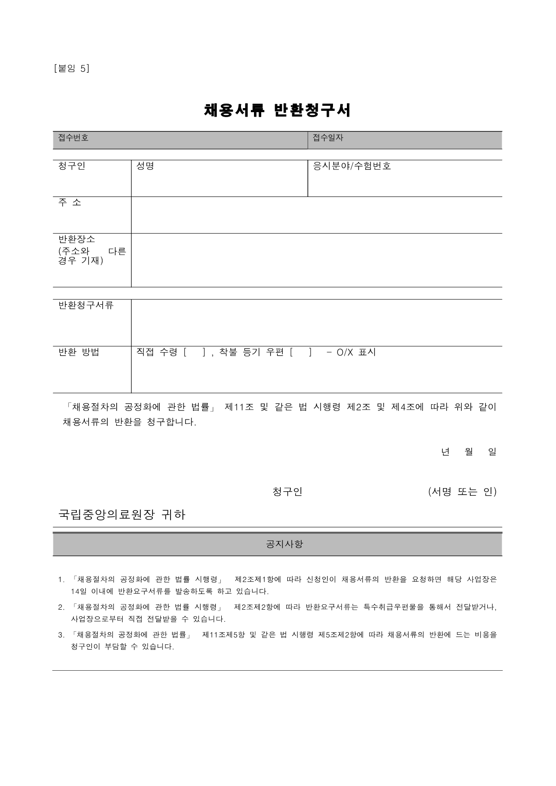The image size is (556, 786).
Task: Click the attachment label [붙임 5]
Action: [x=71, y=69]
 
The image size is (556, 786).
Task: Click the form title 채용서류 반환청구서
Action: [x=277, y=110]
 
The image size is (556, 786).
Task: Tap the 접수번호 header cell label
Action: [x=73, y=138]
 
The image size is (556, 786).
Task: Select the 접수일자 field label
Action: [x=328, y=138]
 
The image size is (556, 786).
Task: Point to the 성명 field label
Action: [x=145, y=166]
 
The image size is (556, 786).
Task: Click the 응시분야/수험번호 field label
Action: [x=352, y=166]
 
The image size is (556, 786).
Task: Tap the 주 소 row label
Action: [x=70, y=202]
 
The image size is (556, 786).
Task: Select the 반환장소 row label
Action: [x=77, y=239]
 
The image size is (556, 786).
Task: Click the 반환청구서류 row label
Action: [x=86, y=306]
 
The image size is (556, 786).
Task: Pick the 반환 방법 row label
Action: [x=79, y=352]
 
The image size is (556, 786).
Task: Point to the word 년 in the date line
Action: [x=445, y=452]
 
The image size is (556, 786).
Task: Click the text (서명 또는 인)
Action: [x=462, y=492]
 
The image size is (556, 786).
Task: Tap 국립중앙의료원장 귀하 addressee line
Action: [x=122, y=515]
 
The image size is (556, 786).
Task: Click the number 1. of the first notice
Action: [x=61, y=580]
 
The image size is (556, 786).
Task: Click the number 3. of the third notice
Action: [x=61, y=635]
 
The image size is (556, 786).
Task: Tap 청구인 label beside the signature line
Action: [x=287, y=492]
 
